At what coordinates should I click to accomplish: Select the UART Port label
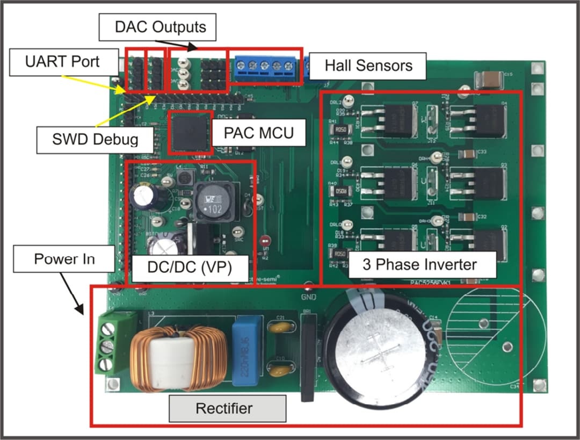point(63,61)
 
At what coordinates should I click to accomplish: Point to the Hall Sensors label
point(368,66)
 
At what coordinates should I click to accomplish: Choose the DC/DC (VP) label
point(190,267)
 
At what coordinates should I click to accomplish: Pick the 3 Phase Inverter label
point(419,264)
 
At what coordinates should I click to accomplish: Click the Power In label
point(64,259)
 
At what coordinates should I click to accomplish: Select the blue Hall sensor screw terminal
point(265,68)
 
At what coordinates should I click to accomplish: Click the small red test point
point(265,241)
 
